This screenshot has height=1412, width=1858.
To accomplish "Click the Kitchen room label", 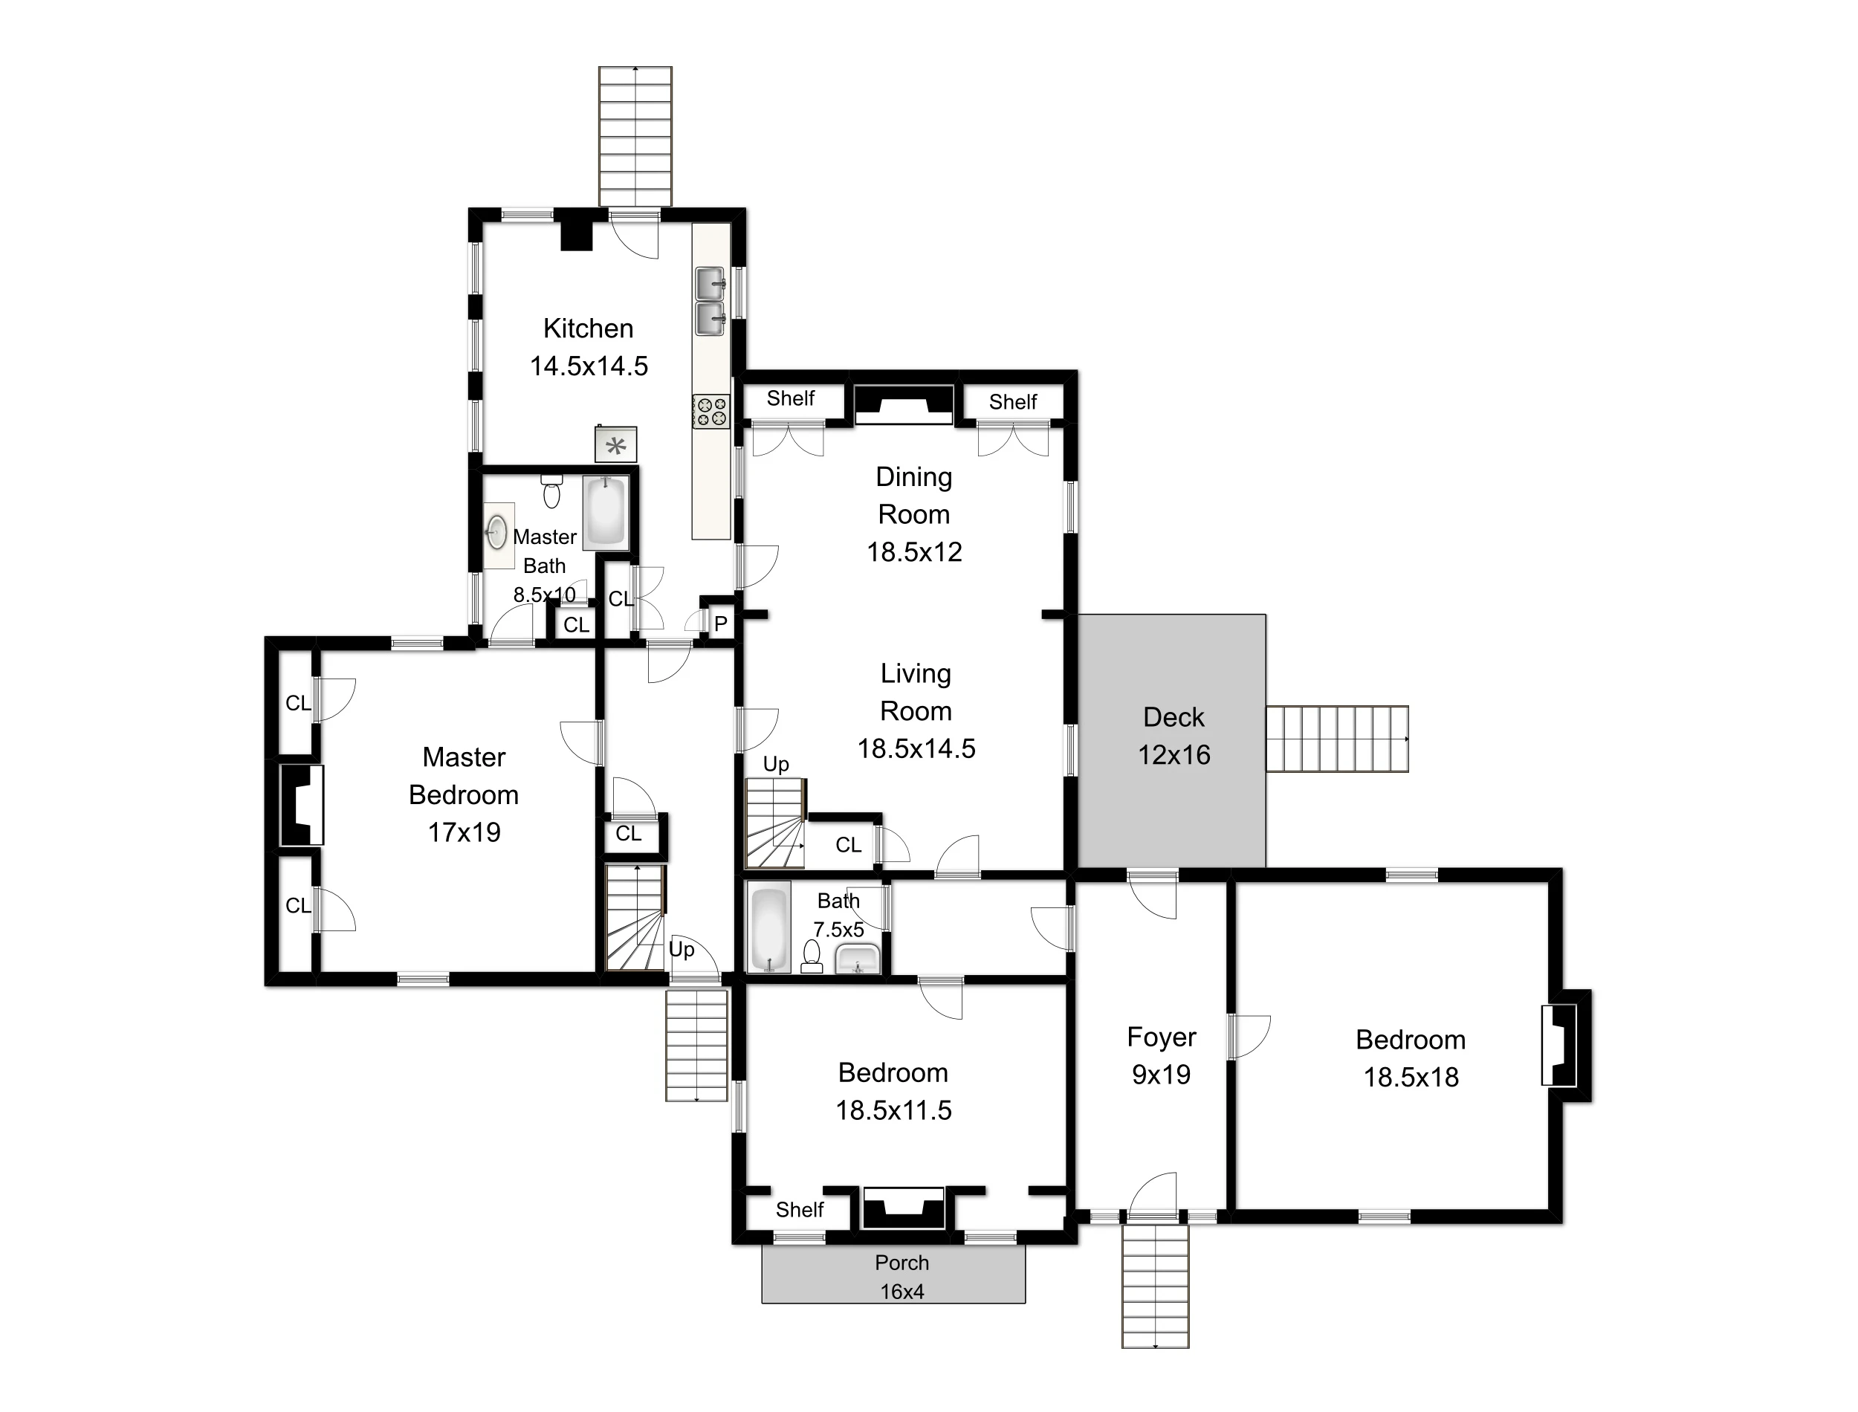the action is [588, 328].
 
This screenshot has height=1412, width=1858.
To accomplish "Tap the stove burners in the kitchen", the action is [711, 412].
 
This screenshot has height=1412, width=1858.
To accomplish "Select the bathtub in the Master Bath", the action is [605, 513].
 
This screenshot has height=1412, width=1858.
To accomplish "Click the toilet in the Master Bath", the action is [551, 490].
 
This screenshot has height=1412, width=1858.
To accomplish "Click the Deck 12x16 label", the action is [1174, 736].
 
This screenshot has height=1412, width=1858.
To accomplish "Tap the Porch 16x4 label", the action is [902, 1277].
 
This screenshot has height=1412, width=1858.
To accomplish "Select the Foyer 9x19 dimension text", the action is [1162, 1074].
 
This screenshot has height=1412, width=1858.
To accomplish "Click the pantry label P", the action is [720, 624].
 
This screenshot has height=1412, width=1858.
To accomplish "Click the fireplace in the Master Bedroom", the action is [302, 804].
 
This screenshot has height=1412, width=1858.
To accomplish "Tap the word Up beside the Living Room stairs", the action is [776, 764].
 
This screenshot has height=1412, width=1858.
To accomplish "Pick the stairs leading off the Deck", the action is [1337, 739].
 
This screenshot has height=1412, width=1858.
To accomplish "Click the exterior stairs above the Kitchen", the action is [635, 135].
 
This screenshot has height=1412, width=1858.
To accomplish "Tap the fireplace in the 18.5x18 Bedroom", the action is [1560, 1046].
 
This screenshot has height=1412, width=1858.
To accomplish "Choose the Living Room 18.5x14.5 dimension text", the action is [916, 748].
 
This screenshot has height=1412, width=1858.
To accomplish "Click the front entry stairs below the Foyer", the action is [1156, 1285].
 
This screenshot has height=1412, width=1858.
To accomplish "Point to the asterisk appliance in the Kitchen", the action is [616, 445].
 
